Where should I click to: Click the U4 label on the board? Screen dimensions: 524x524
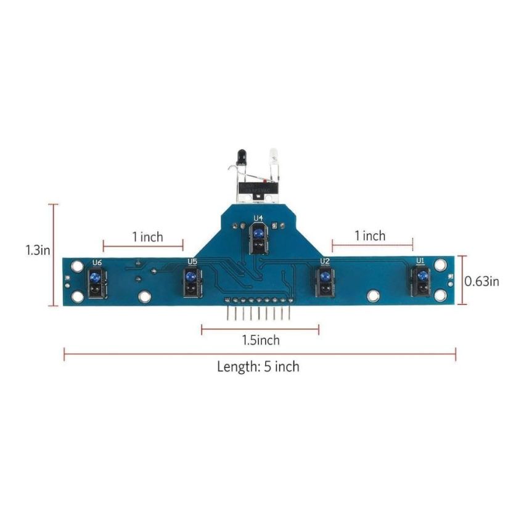258,218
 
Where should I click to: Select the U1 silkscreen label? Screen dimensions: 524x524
420,261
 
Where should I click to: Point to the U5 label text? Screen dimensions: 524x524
192,261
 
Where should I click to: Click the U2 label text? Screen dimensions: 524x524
324,261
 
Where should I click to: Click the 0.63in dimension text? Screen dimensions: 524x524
481,281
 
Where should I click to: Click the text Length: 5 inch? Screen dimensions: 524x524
258,367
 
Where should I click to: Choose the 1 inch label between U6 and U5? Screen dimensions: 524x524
147,237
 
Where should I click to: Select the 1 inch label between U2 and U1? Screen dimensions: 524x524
370,235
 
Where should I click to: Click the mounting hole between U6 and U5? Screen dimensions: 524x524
144,297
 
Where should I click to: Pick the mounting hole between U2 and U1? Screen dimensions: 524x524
372,297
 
